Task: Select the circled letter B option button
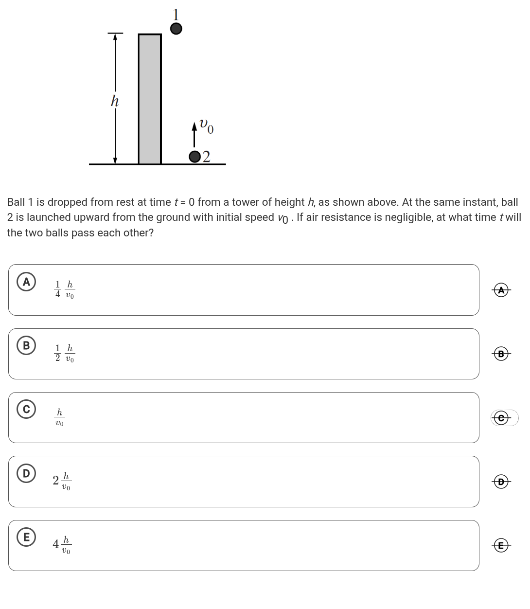coord(26,346)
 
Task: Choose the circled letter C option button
coord(26,410)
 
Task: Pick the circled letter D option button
coord(26,473)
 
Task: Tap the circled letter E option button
coord(26,537)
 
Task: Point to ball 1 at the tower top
coord(176,29)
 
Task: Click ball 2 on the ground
coord(195,157)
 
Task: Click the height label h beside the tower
coord(115,101)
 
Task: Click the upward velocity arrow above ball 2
coord(195,135)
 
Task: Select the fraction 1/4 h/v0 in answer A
coord(65,289)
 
